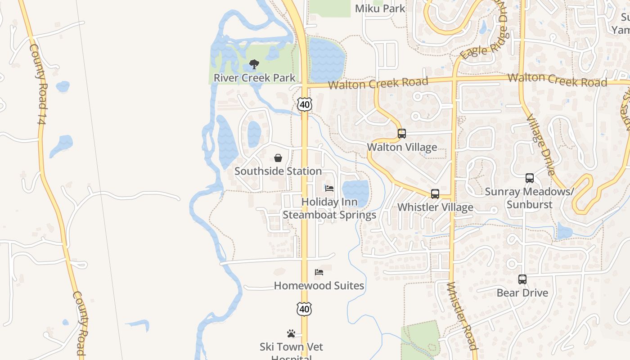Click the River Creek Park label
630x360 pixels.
point(254,78)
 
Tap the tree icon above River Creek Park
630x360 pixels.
point(254,64)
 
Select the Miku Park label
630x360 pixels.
point(380,9)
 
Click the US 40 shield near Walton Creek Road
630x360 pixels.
point(305,104)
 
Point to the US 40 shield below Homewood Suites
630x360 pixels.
point(305,309)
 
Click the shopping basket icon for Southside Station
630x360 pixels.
point(278,158)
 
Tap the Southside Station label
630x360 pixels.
point(278,171)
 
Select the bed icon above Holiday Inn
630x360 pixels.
point(329,188)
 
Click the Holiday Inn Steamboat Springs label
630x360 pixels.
point(329,208)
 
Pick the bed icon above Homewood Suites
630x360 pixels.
point(319,272)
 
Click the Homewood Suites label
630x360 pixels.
point(319,286)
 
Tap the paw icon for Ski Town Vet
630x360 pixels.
point(291,333)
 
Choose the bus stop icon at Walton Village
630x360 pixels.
point(402,134)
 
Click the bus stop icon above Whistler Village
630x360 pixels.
point(435,194)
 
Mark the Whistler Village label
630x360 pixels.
point(435,207)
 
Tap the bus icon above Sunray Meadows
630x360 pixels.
point(530,178)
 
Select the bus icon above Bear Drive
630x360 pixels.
point(522,279)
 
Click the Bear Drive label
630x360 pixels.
point(522,293)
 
